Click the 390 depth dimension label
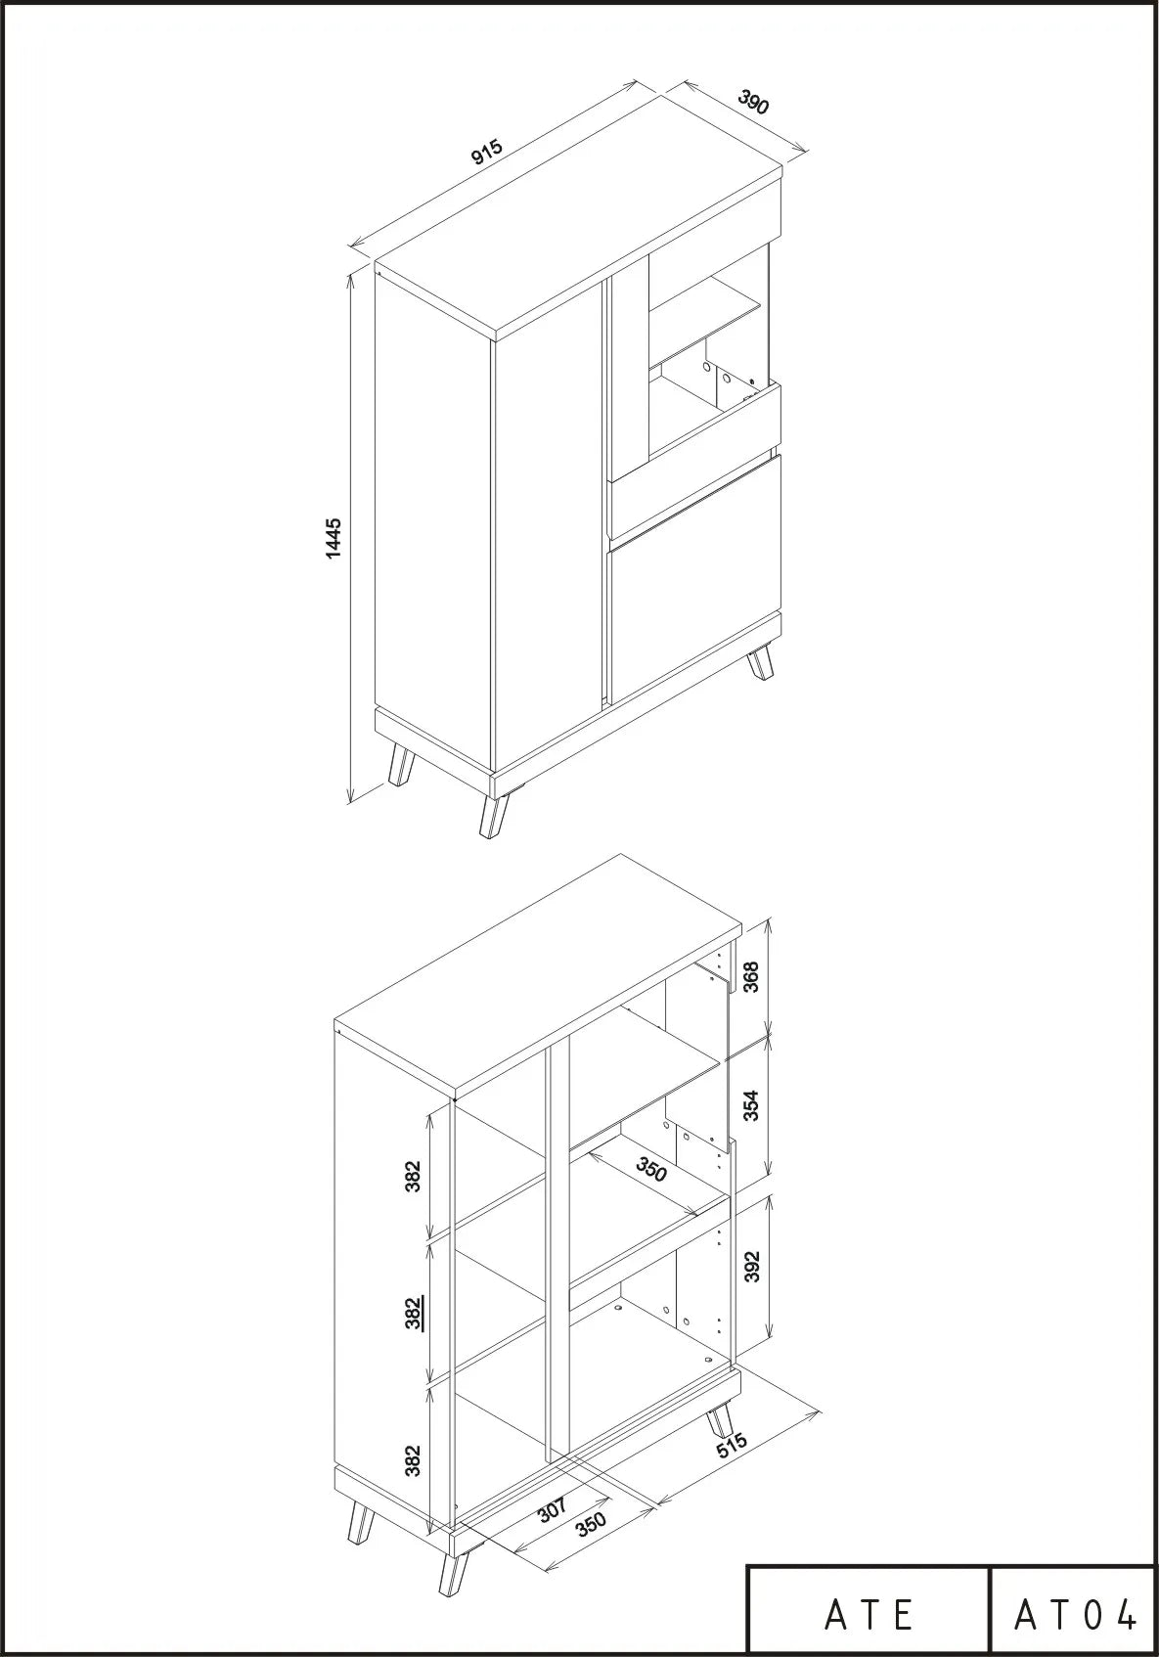pyautogui.click(x=754, y=102)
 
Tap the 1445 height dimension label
pyautogui.click(x=334, y=538)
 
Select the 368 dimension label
pyautogui.click(x=751, y=976)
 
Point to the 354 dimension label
pyautogui.click(x=751, y=1106)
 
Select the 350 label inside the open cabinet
pyautogui.click(x=651, y=1170)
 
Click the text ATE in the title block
pyautogui.click(x=869, y=1615)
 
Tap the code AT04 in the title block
pyautogui.click(x=1075, y=1615)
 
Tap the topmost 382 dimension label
pyautogui.click(x=413, y=1176)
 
